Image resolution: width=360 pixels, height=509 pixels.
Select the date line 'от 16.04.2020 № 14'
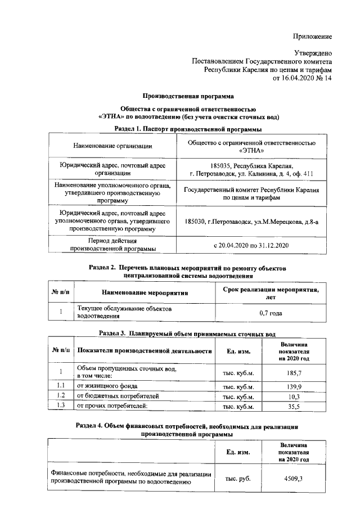[x=302, y=79]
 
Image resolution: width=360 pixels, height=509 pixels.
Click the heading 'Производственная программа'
[x=188, y=96]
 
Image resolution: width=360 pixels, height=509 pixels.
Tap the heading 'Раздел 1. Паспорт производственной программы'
[x=188, y=129]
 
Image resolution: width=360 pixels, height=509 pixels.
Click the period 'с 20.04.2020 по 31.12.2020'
[x=251, y=246]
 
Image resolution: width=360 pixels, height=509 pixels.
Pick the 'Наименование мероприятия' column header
[x=145, y=292]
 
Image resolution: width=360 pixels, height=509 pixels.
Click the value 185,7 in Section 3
[x=295, y=373]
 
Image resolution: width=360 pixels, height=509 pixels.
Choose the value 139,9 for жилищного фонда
[x=295, y=386]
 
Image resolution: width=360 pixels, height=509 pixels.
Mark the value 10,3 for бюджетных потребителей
[x=295, y=396]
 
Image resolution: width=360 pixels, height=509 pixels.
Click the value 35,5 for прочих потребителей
[x=295, y=406]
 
